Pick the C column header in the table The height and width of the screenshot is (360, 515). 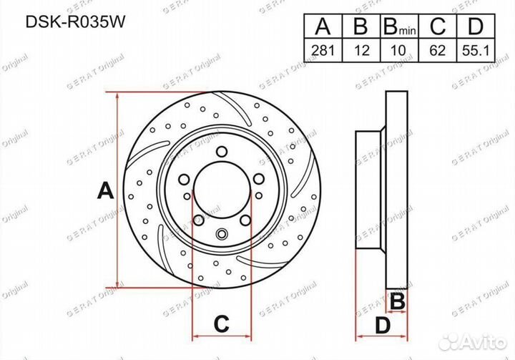[x=438, y=27]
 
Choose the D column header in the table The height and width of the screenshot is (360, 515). [x=476, y=27]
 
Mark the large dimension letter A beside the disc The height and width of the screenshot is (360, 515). [x=106, y=191]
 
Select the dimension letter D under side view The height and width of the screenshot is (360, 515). [x=383, y=326]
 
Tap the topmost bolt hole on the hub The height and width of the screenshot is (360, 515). [x=222, y=151]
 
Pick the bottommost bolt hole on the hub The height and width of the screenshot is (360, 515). [x=222, y=232]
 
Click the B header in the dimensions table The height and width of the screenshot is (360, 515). [x=361, y=27]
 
